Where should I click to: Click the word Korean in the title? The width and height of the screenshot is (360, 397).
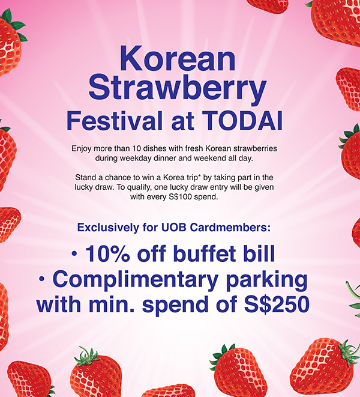tap(178, 58)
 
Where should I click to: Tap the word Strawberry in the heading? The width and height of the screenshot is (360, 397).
tap(178, 89)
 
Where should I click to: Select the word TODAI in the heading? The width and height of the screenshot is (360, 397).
tap(242, 121)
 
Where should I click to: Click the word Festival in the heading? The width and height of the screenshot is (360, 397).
tap(115, 121)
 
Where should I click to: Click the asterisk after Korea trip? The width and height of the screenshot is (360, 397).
tap(199, 175)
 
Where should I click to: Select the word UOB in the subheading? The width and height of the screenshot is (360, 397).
tap(174, 228)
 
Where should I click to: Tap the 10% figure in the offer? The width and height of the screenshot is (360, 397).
tap(108, 253)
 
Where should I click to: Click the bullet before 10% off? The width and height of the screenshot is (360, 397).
tap(74, 253)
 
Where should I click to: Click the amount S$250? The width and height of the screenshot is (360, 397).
tap(277, 304)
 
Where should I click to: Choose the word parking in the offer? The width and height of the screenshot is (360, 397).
tap(266, 281)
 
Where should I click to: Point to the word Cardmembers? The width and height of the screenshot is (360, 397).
tap(230, 228)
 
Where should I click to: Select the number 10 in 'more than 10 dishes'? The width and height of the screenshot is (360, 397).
tap(137, 148)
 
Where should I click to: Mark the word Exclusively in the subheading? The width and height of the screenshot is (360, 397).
tap(108, 228)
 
